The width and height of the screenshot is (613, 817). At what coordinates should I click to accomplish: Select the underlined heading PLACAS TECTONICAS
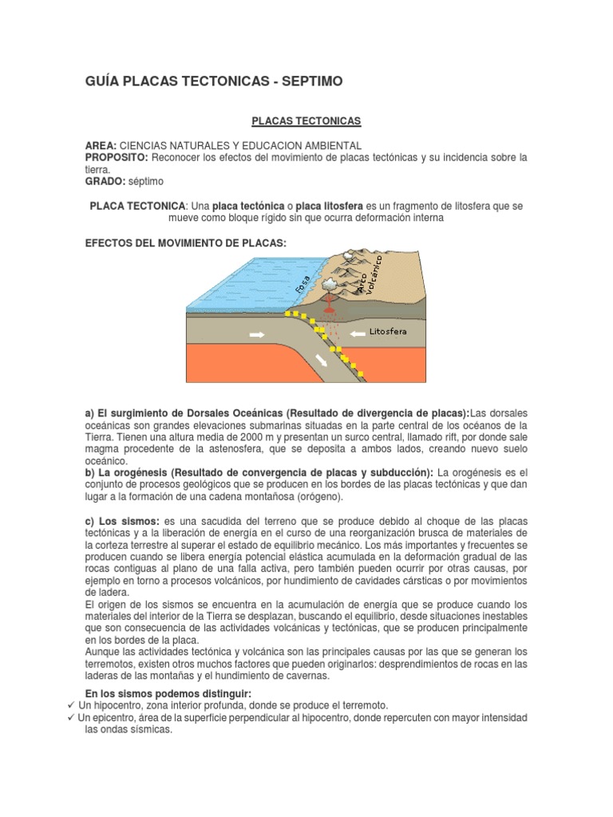pyautogui.click(x=306, y=120)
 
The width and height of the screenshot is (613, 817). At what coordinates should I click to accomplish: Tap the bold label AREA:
pyautogui.click(x=101, y=146)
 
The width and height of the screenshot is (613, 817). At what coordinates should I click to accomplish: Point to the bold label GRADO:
pyautogui.click(x=105, y=181)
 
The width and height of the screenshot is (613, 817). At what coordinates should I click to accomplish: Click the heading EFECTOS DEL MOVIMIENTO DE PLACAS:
pyautogui.click(x=185, y=241)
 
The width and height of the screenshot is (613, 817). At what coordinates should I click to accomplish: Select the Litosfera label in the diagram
pyautogui.click(x=393, y=330)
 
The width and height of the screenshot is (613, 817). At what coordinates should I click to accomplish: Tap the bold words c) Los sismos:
pyautogui.click(x=122, y=521)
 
